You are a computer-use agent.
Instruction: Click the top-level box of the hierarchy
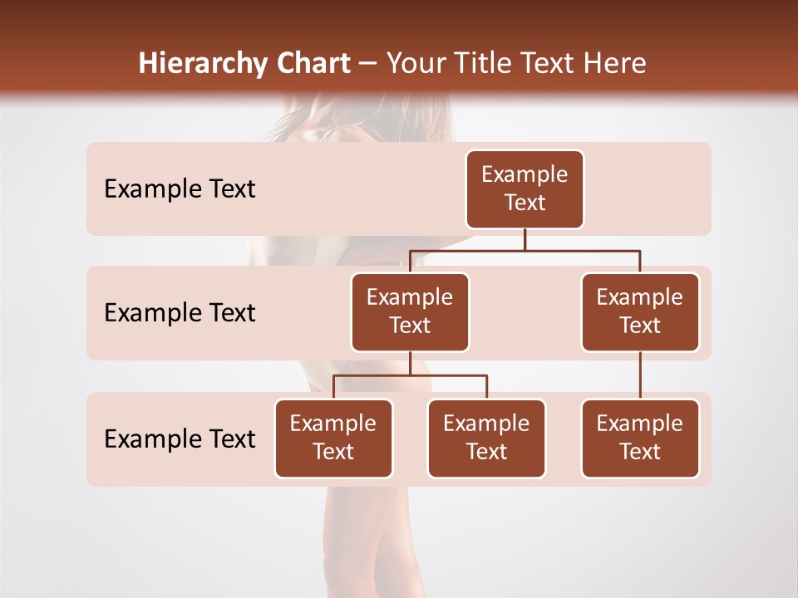[x=525, y=189]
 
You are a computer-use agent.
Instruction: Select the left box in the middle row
[x=410, y=311]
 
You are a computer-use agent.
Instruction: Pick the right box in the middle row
[x=640, y=311]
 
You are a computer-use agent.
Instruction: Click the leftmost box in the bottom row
[x=333, y=438]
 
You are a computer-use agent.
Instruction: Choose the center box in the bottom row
[x=486, y=438]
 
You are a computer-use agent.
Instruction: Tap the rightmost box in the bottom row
[x=640, y=438]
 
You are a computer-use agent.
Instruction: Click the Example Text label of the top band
[x=180, y=189]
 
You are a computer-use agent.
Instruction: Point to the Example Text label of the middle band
[x=180, y=313]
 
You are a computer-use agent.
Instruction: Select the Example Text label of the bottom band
[x=180, y=439]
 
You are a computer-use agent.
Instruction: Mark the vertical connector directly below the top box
[x=525, y=239]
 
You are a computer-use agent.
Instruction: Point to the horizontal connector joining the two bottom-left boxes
[x=410, y=375]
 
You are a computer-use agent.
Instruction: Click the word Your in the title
[x=412, y=64]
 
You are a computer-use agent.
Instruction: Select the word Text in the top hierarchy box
[x=525, y=203]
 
